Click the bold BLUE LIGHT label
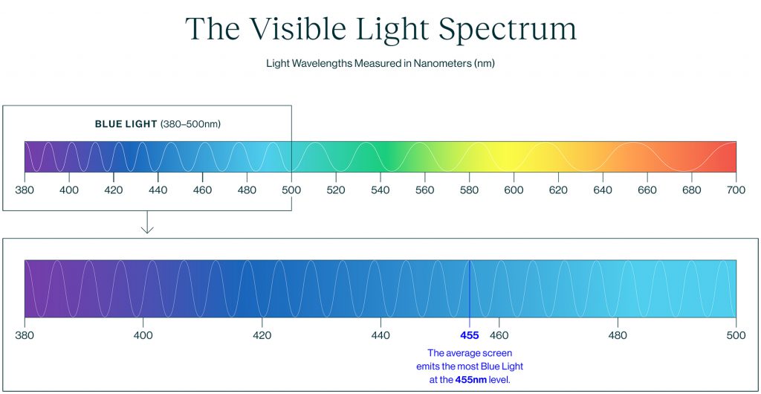click(x=126, y=124)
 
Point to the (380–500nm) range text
click(x=190, y=124)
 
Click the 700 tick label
click(x=736, y=190)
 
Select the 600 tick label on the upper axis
click(x=514, y=190)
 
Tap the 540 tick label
click(x=380, y=190)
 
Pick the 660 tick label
click(x=647, y=190)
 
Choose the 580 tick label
click(x=469, y=190)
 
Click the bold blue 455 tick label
click(x=470, y=335)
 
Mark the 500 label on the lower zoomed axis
click(x=736, y=335)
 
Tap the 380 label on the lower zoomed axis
click(x=25, y=335)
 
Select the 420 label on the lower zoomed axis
click(x=262, y=335)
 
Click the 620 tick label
click(x=558, y=190)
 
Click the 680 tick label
click(x=691, y=190)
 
